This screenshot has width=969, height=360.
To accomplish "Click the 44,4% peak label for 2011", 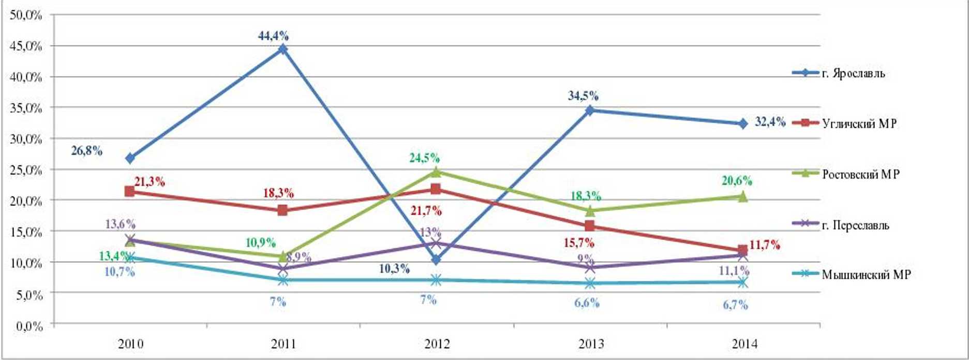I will [x=273, y=36].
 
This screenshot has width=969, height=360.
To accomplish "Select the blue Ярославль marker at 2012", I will [x=436, y=259].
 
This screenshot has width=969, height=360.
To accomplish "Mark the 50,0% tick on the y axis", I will [x=25, y=14].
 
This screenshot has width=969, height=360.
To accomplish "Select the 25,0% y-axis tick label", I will [x=25, y=170].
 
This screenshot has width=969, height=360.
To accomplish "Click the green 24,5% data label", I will [x=424, y=158].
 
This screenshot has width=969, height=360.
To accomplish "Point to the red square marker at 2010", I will [x=130, y=191].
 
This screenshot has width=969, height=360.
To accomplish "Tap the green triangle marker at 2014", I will [x=742, y=196].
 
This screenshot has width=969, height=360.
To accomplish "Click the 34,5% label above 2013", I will [x=583, y=96].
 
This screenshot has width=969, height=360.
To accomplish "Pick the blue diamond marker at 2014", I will [x=742, y=124].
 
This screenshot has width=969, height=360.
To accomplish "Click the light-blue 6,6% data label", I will [x=587, y=303].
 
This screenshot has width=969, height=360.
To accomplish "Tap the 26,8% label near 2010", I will [x=86, y=151].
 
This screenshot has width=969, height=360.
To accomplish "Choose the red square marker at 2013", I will [x=589, y=226].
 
